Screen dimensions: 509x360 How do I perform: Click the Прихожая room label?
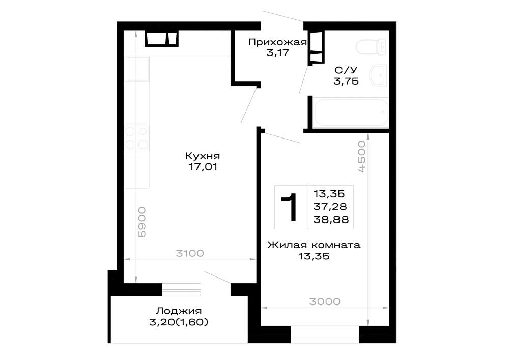tap(277, 43)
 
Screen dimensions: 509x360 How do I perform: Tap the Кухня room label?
tap(203, 156)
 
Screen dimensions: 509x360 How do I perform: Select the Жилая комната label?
tap(314, 245)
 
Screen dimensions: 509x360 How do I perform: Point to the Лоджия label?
tap(179, 311)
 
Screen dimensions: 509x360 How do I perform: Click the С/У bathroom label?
tap(346, 70)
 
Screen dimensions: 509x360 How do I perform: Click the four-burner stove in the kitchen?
tap(136, 138)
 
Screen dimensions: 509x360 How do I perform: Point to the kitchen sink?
tap(137, 69)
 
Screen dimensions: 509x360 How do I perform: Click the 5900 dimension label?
tap(142, 223)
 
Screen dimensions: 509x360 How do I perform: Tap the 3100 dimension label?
tap(190, 253)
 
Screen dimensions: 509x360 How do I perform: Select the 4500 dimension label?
tap(361, 156)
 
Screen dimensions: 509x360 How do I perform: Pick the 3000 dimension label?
tap(325, 301)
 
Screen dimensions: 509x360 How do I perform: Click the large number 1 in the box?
tap(290, 207)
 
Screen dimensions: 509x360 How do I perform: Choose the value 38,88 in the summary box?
tap(331, 219)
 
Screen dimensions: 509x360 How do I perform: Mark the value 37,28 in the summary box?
tap(330, 206)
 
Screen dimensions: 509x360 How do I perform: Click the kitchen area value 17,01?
tap(203, 167)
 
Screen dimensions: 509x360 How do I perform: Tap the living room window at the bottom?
tap(325, 335)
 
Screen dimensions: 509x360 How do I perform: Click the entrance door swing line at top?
tap(283, 16)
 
